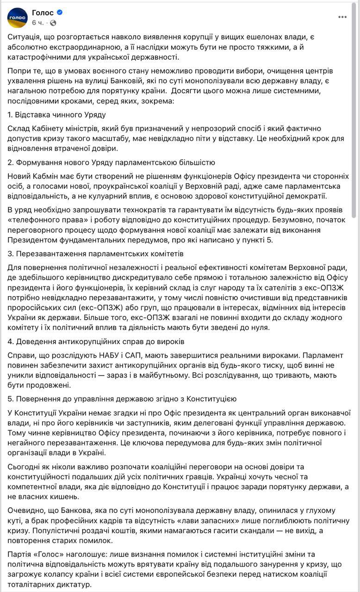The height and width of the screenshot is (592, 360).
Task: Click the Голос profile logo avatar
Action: pyautogui.click(x=17, y=18)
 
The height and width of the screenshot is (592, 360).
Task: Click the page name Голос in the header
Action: pyautogui.click(x=43, y=12)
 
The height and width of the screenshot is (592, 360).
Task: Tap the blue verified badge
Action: pyautogui.click(x=59, y=12)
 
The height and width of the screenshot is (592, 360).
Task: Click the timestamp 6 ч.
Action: pyautogui.click(x=37, y=23)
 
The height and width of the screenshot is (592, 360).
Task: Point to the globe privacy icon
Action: pyautogui.click(x=53, y=23)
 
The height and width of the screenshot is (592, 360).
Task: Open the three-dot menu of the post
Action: pyautogui.click(x=342, y=17)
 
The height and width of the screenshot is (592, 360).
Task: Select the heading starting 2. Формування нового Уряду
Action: pyautogui.click(x=111, y=162)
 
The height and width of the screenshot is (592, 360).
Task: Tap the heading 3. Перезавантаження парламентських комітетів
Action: pyautogui.click(x=96, y=254)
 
